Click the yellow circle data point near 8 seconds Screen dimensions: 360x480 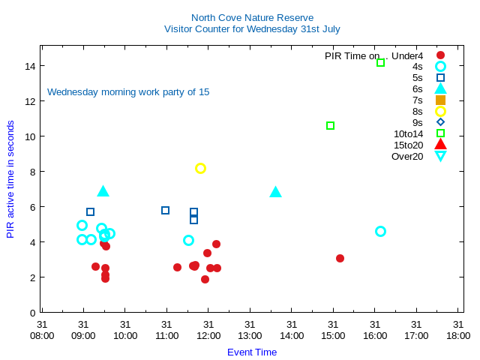pos(200,168)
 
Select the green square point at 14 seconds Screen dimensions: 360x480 pos(380,62)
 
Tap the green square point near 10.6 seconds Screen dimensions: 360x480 pos(330,125)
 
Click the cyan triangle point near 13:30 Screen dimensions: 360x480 pos(275,192)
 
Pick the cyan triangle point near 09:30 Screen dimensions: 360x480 pos(103,191)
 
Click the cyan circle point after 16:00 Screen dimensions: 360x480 pos(380,231)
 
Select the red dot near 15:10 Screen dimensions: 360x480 pos(340,258)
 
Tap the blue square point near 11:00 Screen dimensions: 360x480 pos(165,210)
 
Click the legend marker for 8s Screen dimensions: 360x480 pos(440,111)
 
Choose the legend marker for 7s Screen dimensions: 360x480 pos(440,100)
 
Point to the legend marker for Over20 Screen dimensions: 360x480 pos(440,156)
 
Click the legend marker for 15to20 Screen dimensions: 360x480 pos(440,145)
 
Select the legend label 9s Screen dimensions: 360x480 pos(417,122)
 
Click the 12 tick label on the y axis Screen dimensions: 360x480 pos(31,101)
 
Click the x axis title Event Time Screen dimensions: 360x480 pos(252,352)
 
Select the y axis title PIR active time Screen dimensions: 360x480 pos(10,179)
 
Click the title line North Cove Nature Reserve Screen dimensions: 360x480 pos(252,17)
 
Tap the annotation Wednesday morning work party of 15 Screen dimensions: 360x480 pos(128,92)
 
